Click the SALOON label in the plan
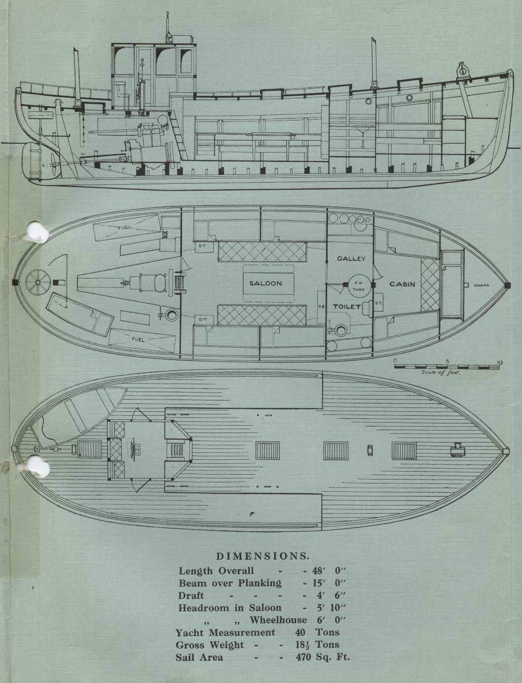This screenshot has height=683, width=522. pyautogui.click(x=265, y=283)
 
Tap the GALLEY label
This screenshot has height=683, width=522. pyautogui.click(x=351, y=259)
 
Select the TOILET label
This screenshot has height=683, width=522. pyautogui.click(x=347, y=307)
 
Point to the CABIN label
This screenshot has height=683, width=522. pyautogui.click(x=402, y=284)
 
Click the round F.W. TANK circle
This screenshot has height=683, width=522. pyautogui.click(x=357, y=284)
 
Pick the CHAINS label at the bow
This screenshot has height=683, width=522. pyautogui.click(x=482, y=285)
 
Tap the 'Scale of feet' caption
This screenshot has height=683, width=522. pyautogui.click(x=441, y=373)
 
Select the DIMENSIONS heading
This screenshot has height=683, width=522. pyautogui.click(x=263, y=556)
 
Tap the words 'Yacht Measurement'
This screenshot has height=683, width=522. pyautogui.click(x=225, y=633)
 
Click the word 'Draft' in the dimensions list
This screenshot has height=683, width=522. pyautogui.click(x=191, y=596)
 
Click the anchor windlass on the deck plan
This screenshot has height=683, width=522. pyautogui.click(x=455, y=450)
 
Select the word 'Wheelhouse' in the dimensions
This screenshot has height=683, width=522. pyautogui.click(x=278, y=620)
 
